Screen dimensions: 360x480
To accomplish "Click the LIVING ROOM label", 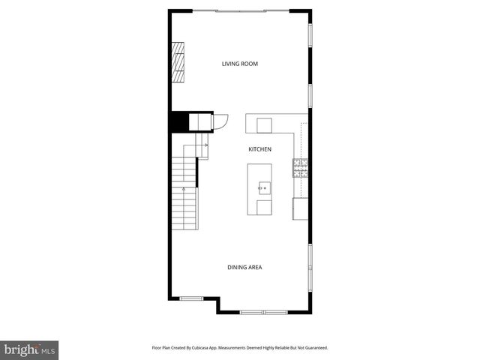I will (x=239, y=64).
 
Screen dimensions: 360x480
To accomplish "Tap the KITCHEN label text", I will (x=259, y=149).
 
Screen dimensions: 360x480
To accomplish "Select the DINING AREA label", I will (x=244, y=267).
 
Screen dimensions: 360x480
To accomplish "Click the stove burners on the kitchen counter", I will (x=301, y=167).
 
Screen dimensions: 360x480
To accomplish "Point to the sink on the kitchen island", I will (x=264, y=187).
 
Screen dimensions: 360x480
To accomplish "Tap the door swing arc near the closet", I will (x=220, y=121).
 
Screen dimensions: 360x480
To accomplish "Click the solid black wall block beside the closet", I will (x=179, y=121).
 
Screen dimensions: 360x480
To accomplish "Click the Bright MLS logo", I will (x=29, y=349).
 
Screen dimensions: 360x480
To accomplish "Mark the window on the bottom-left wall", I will (x=191, y=298).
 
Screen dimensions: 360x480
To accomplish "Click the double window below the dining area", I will (x=263, y=311).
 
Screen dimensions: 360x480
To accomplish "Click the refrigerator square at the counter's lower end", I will (x=301, y=208).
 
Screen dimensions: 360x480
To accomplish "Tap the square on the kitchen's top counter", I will (x=265, y=123).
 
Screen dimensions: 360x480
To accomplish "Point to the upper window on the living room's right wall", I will (x=310, y=34).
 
